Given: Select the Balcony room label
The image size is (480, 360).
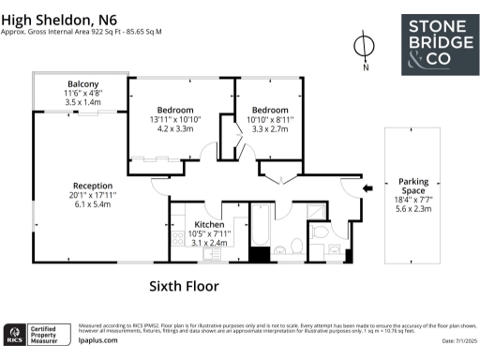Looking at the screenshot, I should tap(82, 83).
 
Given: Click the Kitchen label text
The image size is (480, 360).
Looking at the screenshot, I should tap(210, 224).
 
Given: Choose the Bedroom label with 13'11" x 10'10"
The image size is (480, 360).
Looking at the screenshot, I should tap(175, 110).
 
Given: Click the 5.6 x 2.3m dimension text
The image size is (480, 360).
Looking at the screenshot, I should tap(412, 210).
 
